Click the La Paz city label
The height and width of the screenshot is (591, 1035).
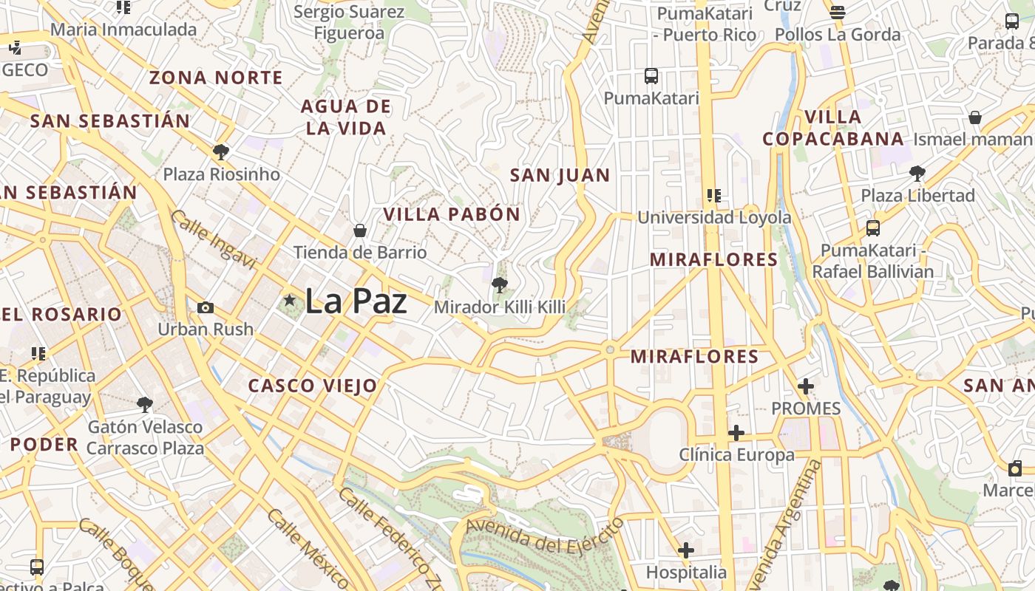pos(356,301)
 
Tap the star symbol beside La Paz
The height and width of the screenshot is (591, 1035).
pos(289,300)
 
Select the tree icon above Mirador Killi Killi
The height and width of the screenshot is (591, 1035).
pos(500,285)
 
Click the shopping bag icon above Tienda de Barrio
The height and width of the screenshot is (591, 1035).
pos(360,230)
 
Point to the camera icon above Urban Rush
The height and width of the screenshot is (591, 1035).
pos(206,307)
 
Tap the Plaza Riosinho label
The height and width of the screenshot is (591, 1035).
pos(222,174)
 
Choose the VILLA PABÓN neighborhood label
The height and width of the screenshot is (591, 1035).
pos(452,215)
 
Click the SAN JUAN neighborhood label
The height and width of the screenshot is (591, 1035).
pos(560,176)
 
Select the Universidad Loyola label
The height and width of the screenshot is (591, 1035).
pos(714,217)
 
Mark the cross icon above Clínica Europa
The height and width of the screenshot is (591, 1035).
pos(736,433)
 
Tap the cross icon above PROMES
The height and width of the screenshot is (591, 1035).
pos(806,386)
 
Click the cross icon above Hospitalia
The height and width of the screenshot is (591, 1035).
pos(686,550)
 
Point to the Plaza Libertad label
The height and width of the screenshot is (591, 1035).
pos(917,196)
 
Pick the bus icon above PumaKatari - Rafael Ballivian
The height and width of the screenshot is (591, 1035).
pos(873,228)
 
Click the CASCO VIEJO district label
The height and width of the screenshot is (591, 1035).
pos(313,386)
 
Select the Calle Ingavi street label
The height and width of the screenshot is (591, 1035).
pos(214,240)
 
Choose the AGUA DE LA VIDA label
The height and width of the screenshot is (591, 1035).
pos(346,117)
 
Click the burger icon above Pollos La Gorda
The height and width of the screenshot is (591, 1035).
pos(838,12)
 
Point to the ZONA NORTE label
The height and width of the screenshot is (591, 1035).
pos(216,78)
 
